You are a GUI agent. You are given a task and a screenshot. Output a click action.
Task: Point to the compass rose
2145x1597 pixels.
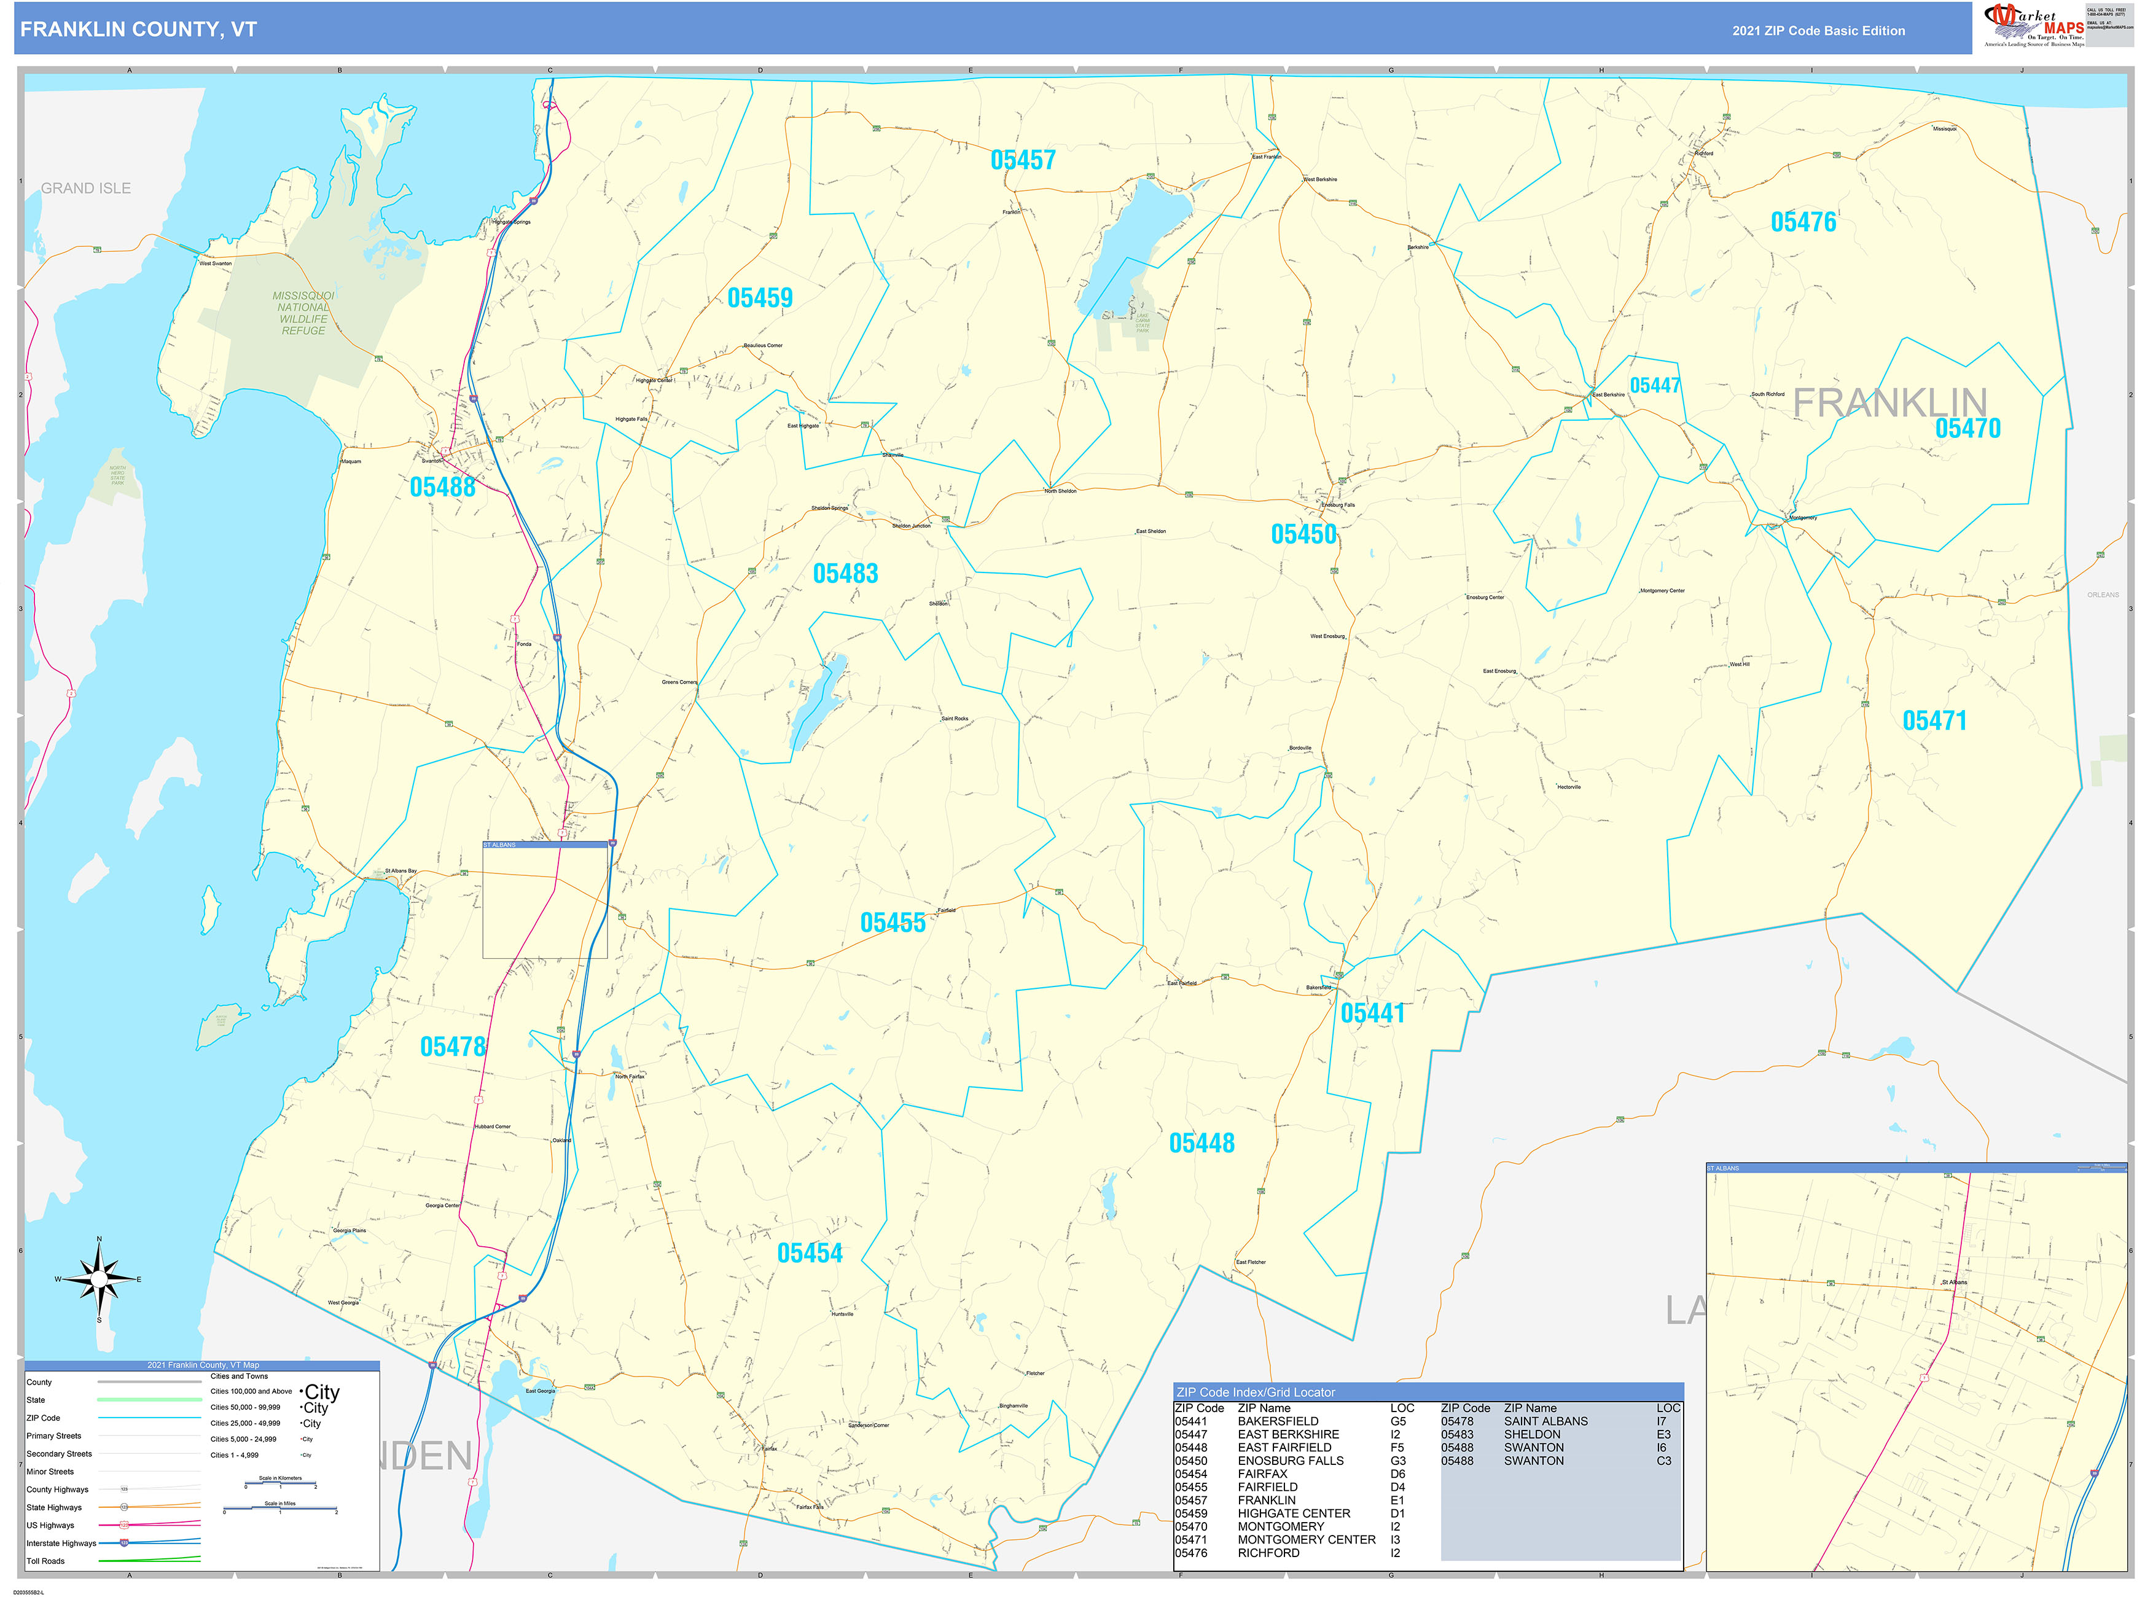click(x=99, y=1280)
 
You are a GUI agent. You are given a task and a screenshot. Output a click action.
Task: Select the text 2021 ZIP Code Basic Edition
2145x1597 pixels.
click(x=1818, y=31)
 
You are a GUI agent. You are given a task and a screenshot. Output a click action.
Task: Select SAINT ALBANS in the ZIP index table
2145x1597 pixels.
click(x=1545, y=1421)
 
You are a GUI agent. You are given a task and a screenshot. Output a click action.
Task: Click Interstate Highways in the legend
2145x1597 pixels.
click(x=61, y=1544)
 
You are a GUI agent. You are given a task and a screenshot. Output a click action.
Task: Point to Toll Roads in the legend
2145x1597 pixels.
click(x=45, y=1561)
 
